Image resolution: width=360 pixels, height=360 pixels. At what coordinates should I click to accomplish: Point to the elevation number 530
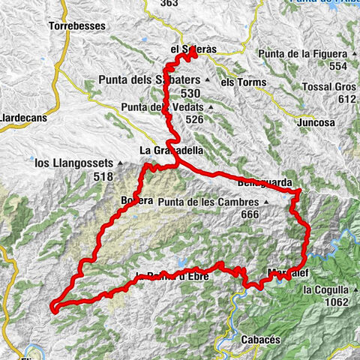190,93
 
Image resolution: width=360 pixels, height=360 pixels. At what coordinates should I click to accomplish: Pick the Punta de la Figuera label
303,54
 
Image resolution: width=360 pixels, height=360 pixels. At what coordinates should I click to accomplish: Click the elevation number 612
346,99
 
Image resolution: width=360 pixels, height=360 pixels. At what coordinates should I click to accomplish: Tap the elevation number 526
195,119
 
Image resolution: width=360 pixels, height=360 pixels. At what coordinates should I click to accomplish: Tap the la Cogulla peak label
325,289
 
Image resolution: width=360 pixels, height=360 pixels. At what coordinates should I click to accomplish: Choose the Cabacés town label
260,340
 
